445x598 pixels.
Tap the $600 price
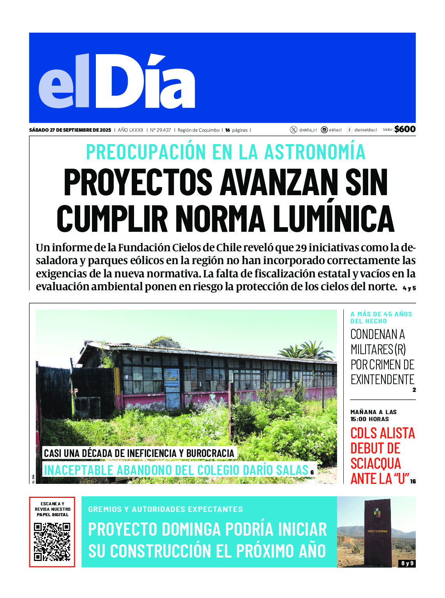coord(405,129)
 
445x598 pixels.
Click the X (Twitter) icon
coord(293,130)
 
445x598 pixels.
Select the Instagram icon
coord(324,130)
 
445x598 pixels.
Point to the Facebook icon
coord(350,130)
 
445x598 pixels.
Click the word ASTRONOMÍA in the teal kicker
coord(315,152)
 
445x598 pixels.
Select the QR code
coord(52,542)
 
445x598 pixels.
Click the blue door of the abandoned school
coord(172,389)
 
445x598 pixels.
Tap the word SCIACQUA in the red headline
coord(376,464)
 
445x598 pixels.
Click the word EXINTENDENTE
coord(382,379)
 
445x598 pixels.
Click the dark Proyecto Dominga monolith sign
coord(377,532)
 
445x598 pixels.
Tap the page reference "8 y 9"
coord(407,563)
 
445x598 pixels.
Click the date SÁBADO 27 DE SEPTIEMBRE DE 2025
coord(70,130)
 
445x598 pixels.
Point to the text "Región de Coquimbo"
coord(198,130)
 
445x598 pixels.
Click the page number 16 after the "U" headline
coord(413,482)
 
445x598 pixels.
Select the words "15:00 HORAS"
coord(369,419)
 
